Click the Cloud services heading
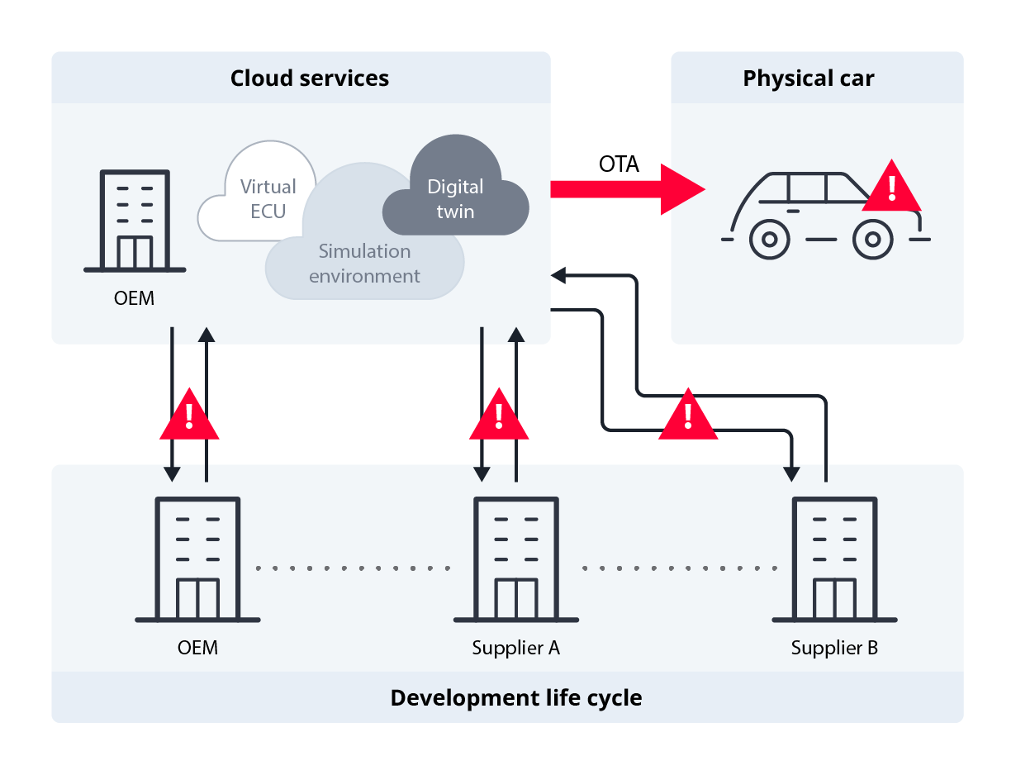[x=309, y=78]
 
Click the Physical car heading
[x=808, y=78]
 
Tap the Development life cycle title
[x=515, y=697]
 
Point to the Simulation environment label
[x=364, y=264]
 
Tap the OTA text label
[x=619, y=164]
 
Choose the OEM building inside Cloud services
[x=135, y=221]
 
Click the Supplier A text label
[x=516, y=648]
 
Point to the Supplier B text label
[x=834, y=648]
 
